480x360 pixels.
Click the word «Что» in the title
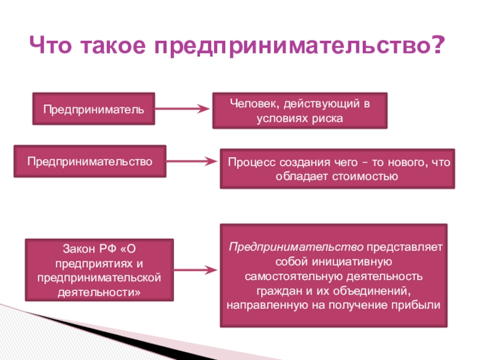click(51, 45)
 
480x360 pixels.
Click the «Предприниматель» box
click(93, 109)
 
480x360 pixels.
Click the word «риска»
click(327, 118)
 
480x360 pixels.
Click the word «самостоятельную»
click(290, 276)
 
